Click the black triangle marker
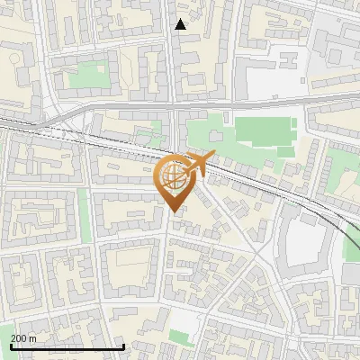coord(181,24)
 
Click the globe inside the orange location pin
coord(172,177)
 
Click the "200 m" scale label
coord(23,338)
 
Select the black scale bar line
coord(67,347)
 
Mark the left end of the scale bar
coord(11,347)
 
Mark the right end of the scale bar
coord(123,347)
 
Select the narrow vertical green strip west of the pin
coord(85,216)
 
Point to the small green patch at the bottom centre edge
coord(180,337)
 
